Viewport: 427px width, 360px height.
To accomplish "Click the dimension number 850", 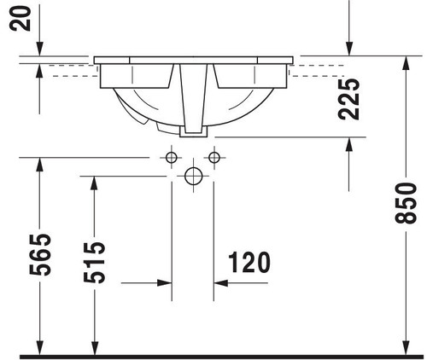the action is (407, 203).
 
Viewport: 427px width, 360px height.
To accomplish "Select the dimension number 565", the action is (40, 254).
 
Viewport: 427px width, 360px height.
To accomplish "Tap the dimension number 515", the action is (95, 262).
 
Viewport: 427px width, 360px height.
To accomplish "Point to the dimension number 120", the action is (249, 262).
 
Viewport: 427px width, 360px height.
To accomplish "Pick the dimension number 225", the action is (349, 99).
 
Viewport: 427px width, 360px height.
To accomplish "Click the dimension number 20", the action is (20, 18).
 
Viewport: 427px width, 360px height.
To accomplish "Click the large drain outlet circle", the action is (193, 177).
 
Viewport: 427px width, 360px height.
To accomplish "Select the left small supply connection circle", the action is (172, 157).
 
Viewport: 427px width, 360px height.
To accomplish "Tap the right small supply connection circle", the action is (214, 157).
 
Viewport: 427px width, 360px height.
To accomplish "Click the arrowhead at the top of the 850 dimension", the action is (407, 63).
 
